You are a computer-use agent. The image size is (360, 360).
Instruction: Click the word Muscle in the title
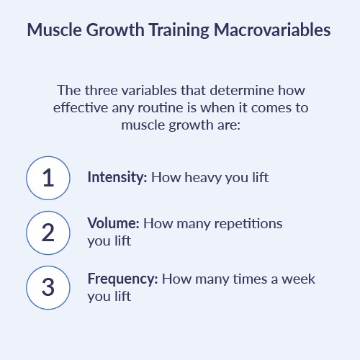(x=55, y=30)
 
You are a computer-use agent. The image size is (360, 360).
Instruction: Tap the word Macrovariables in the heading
(x=272, y=30)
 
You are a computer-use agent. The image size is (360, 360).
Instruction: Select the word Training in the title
(x=179, y=30)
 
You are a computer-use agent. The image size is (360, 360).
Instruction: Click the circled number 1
(x=48, y=178)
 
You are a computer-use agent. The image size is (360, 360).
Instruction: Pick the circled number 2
(x=48, y=233)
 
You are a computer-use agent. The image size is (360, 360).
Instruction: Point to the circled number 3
(x=48, y=287)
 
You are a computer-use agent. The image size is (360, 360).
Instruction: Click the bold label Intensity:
(x=117, y=178)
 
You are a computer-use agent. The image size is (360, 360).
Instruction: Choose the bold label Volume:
(x=113, y=223)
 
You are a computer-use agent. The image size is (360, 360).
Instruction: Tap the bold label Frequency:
(x=122, y=279)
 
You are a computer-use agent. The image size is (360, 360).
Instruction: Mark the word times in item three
(x=250, y=279)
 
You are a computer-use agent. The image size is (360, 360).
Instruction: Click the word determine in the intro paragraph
(x=242, y=91)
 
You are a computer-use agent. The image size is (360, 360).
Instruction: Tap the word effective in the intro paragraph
(x=81, y=108)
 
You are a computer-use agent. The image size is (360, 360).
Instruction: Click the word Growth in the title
(x=115, y=30)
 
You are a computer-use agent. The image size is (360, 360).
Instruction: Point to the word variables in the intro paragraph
(x=149, y=91)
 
